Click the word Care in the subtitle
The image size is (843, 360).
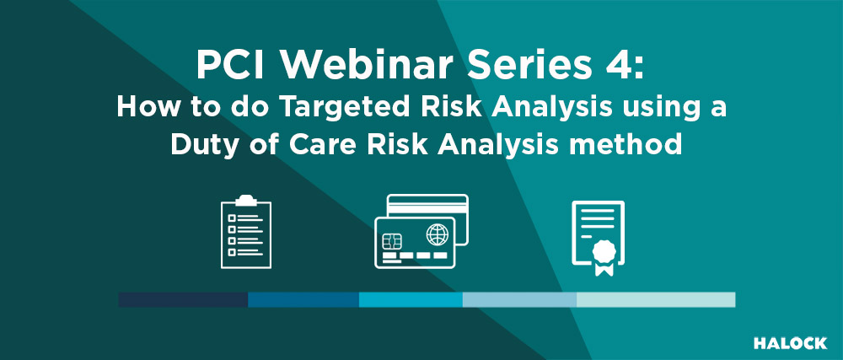point(314,144)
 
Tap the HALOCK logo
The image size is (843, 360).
point(790,343)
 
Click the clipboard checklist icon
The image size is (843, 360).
point(246,232)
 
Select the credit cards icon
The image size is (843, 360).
point(421,231)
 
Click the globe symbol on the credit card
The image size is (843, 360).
point(437,235)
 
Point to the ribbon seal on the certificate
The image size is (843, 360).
point(604,257)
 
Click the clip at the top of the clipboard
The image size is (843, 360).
point(246,201)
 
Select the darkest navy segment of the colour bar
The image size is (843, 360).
point(183,300)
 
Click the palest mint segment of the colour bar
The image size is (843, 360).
point(656,300)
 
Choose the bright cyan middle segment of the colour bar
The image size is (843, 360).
point(411,300)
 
